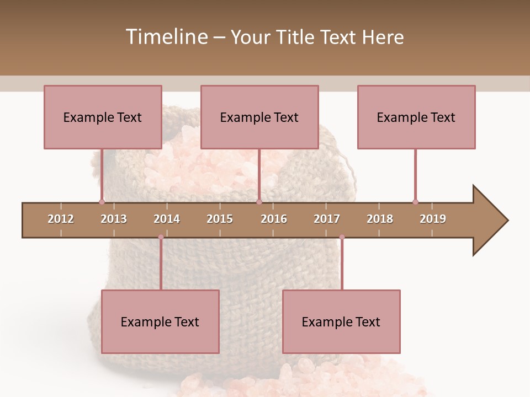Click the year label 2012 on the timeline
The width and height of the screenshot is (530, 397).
[61, 219]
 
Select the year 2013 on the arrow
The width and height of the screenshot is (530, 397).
[114, 219]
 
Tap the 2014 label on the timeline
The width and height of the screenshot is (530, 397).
[167, 219]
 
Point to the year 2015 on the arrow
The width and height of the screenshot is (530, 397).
[220, 219]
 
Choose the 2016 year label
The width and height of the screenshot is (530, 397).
[274, 219]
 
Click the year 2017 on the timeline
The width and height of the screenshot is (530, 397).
[327, 219]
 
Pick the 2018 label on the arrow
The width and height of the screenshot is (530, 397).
[380, 219]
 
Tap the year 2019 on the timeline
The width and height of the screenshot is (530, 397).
[433, 219]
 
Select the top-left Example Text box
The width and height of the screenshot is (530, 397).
[103, 117]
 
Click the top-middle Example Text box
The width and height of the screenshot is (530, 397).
[259, 117]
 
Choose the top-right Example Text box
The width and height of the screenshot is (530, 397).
[416, 117]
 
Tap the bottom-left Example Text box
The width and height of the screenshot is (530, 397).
[160, 321]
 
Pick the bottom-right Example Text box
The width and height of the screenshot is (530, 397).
[341, 321]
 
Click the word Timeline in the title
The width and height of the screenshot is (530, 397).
[166, 37]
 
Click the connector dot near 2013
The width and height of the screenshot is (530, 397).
[102, 202]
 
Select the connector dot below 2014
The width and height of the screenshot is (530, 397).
[161, 237]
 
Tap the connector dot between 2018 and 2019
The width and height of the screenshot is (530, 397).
[415, 202]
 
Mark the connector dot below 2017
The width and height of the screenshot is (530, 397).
[342, 237]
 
